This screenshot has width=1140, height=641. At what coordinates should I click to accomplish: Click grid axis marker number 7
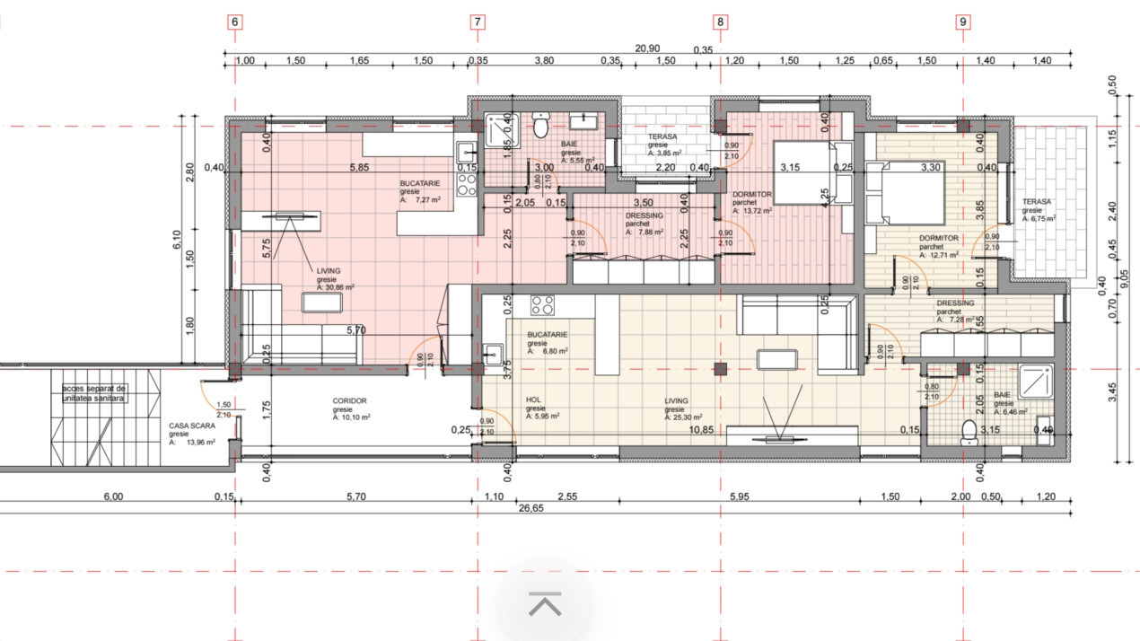coord(478,22)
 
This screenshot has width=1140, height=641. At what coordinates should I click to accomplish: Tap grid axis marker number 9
coord(963,22)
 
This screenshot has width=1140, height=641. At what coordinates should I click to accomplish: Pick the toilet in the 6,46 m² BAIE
coord(969,433)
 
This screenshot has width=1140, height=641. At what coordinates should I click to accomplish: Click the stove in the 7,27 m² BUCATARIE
coord(467,184)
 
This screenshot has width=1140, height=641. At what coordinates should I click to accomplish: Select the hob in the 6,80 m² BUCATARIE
coord(542,305)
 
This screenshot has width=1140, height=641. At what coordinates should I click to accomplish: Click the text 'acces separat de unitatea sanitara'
coord(94,392)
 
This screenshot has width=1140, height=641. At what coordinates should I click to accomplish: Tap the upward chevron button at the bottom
coord(545,604)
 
